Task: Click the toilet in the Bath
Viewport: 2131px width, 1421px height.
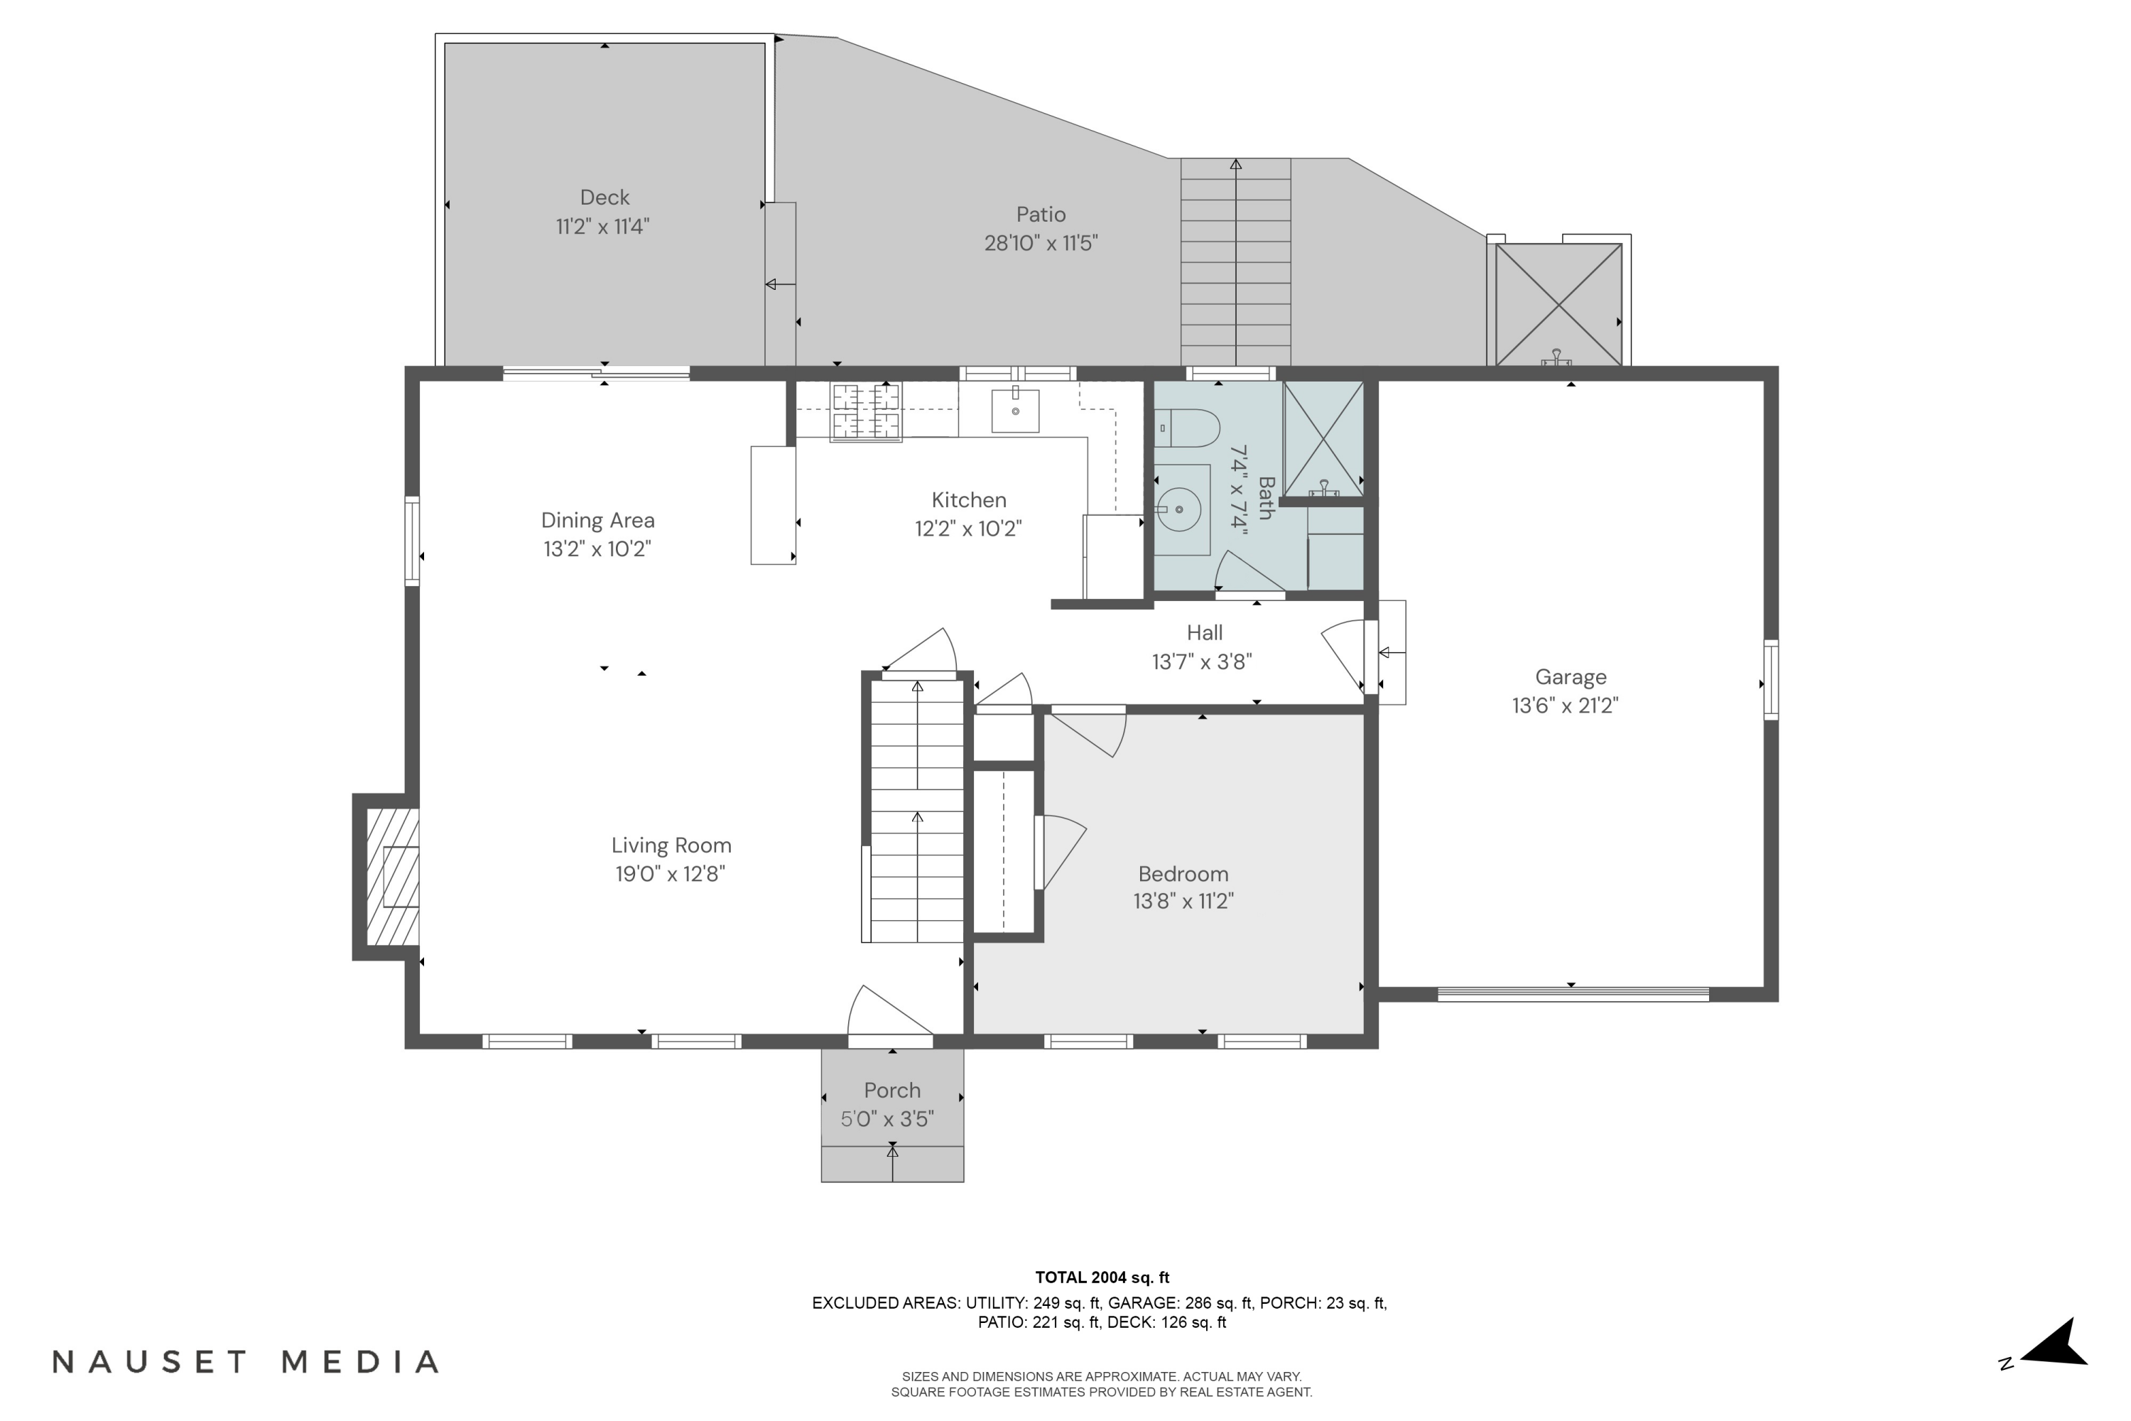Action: [x=1188, y=428]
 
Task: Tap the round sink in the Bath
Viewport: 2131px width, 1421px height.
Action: [x=1181, y=509]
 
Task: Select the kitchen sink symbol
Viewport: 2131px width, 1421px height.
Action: [x=1015, y=411]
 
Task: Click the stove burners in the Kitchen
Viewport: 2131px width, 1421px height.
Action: [x=866, y=411]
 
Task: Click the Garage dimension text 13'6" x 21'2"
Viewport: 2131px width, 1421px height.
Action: [x=1565, y=705]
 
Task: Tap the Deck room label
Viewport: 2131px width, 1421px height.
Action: [x=604, y=198]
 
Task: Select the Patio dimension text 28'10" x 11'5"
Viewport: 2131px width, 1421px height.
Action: [x=1041, y=243]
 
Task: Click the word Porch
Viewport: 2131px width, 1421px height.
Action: [x=891, y=1090]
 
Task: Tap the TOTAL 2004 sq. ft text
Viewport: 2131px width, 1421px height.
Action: [x=1102, y=1277]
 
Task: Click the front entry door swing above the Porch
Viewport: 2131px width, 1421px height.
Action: [x=888, y=1013]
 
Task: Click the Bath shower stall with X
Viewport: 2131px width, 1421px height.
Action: [x=1324, y=438]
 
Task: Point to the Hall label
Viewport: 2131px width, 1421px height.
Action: [x=1204, y=632]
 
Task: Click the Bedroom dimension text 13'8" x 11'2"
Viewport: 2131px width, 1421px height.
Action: [x=1183, y=901]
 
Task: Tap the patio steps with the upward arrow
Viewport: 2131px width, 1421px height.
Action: [x=1235, y=263]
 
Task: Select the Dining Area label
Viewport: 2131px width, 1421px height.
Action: [x=597, y=520]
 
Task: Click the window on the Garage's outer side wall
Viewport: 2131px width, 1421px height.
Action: [x=1769, y=680]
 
